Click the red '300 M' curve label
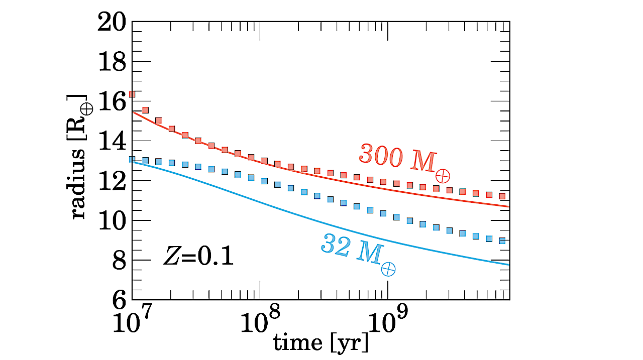pyautogui.click(x=404, y=161)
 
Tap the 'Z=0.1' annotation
pyautogui.click(x=198, y=257)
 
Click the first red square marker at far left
pyautogui.click(x=132, y=94)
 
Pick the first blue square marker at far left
pyautogui.click(x=132, y=160)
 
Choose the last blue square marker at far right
pyautogui.click(x=501, y=241)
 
